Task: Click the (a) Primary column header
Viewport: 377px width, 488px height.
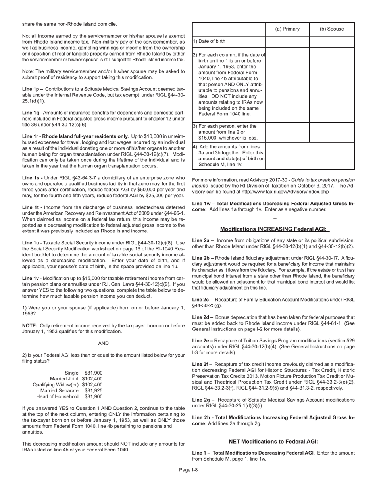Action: [287, 29]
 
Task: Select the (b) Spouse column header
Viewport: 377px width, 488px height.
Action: [332, 29]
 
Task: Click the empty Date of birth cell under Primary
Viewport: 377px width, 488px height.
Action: [287, 41]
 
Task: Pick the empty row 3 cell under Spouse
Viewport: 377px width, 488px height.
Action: [332, 132]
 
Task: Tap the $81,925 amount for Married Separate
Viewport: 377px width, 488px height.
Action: [93, 391]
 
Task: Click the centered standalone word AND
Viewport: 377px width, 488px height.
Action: [103, 343]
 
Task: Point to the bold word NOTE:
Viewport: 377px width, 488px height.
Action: [30, 326]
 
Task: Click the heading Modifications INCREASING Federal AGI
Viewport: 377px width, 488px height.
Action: [275, 229]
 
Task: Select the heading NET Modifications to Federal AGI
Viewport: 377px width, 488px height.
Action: [275, 442]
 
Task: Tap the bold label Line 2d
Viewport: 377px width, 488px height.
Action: [203, 317]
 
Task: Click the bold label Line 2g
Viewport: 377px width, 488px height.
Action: [203, 400]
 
